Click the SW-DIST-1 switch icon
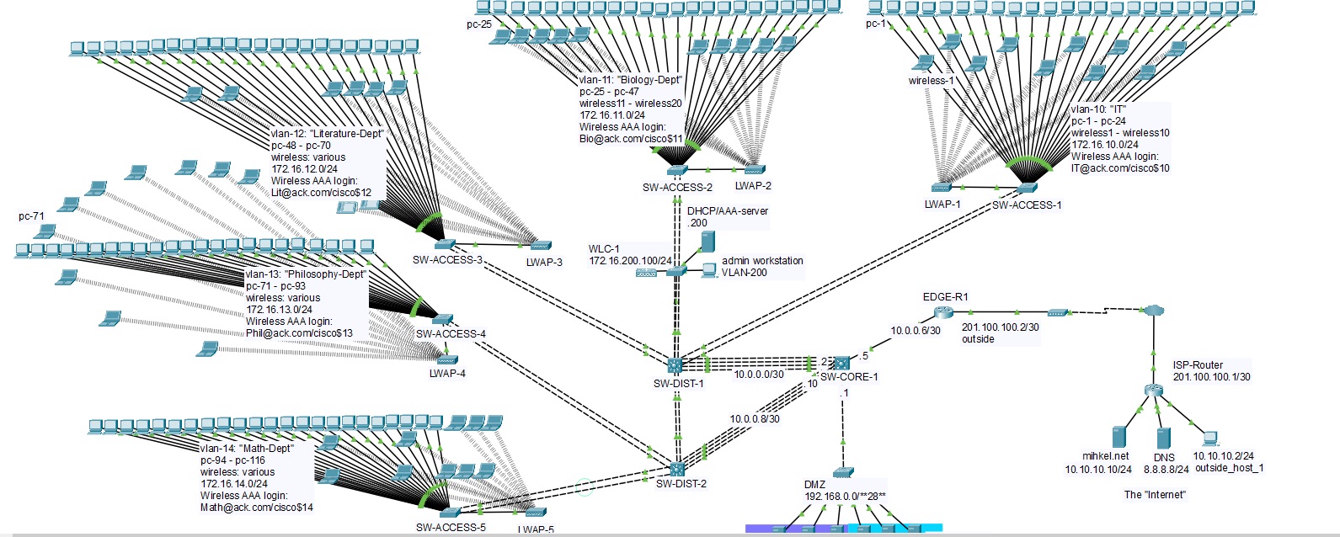click(675, 365)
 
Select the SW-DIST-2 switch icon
click(676, 469)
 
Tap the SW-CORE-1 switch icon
click(841, 363)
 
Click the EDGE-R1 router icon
click(942, 312)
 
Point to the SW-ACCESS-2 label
click(677, 188)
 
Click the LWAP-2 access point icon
click(754, 170)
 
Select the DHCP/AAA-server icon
click(707, 242)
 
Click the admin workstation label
click(762, 261)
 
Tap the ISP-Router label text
click(1198, 365)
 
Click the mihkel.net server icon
click(1119, 437)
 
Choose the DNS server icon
click(1163, 439)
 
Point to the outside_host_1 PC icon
click(1210, 439)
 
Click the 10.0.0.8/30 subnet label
click(755, 419)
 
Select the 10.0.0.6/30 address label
click(916, 331)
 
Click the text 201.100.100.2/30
click(1000, 327)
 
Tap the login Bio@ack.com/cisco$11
click(631, 139)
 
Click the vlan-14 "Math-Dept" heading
click(247, 449)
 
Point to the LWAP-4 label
click(447, 374)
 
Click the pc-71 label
click(31, 216)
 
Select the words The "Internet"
click(1155, 495)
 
